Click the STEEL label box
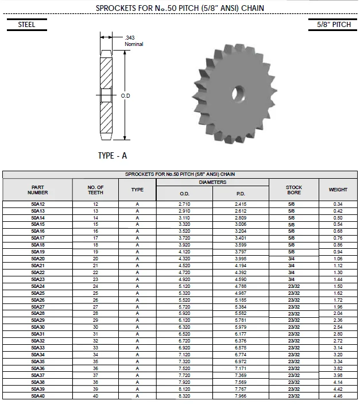point(26,25)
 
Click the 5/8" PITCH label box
point(334,25)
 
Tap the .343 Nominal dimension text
point(134,41)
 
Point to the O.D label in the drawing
point(126,95)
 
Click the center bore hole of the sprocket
point(238,92)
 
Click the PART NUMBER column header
point(37,190)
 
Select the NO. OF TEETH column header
point(95,190)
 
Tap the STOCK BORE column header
point(294,190)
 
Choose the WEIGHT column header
point(338,190)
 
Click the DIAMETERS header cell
point(213,182)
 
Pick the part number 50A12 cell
point(37,204)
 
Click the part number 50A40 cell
point(37,397)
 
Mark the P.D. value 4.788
point(241,286)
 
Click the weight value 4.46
point(338,397)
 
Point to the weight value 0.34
point(338,204)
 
